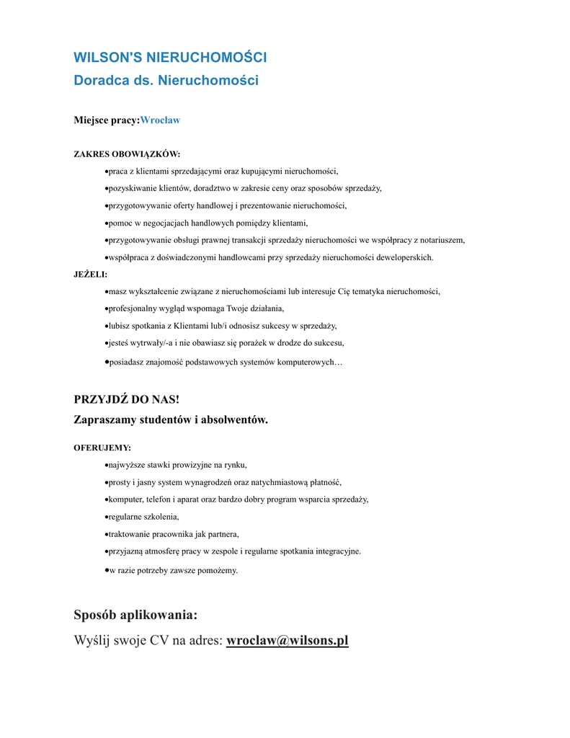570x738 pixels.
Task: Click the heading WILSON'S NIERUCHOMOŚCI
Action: click(170, 57)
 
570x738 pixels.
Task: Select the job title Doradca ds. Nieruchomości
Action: click(166, 80)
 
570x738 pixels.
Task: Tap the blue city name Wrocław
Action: click(160, 120)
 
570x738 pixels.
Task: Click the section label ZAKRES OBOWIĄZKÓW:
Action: click(127, 154)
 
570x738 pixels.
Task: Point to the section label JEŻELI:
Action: click(90, 275)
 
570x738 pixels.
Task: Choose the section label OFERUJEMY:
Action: click(102, 448)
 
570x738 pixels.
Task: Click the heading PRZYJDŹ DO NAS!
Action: click(126, 400)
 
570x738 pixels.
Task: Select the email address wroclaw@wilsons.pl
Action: click(287, 641)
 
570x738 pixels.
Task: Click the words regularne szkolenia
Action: click(143, 517)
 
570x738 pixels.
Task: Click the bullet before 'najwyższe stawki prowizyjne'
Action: click(107, 465)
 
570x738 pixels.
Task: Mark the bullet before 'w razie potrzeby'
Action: click(107, 569)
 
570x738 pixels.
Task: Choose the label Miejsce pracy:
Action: click(106, 120)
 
